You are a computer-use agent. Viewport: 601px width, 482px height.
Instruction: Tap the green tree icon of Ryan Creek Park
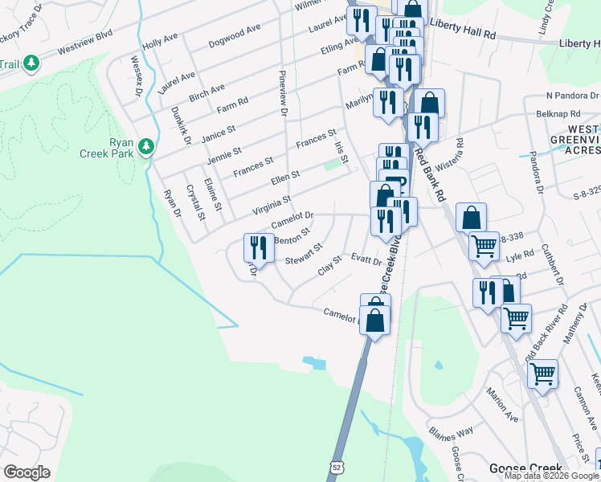click(x=146, y=145)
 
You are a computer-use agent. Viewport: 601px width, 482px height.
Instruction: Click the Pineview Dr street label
click(x=282, y=92)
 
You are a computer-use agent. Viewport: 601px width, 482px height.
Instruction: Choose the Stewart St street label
click(x=304, y=255)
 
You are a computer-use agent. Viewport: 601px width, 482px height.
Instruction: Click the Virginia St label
click(x=271, y=205)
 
